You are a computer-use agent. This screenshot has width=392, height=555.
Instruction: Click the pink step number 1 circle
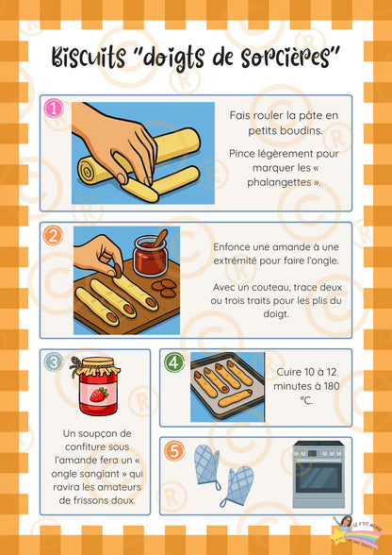(54, 109)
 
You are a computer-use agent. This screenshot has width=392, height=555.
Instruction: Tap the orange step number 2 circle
(54, 236)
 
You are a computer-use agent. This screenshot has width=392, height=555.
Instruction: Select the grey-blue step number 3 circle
(54, 362)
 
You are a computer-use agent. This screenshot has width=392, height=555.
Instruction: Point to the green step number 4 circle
(174, 362)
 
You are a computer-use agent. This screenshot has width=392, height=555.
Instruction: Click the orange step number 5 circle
(174, 451)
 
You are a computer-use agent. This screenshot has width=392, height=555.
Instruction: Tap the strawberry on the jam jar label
(99, 395)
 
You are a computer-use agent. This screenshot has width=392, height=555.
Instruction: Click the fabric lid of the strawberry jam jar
(95, 366)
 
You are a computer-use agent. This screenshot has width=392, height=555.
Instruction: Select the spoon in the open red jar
(159, 238)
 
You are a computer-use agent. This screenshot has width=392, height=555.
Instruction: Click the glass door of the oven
(318, 475)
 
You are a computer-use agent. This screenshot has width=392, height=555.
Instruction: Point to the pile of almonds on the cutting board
(164, 288)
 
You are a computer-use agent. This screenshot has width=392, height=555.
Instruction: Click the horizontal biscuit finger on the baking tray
(236, 398)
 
